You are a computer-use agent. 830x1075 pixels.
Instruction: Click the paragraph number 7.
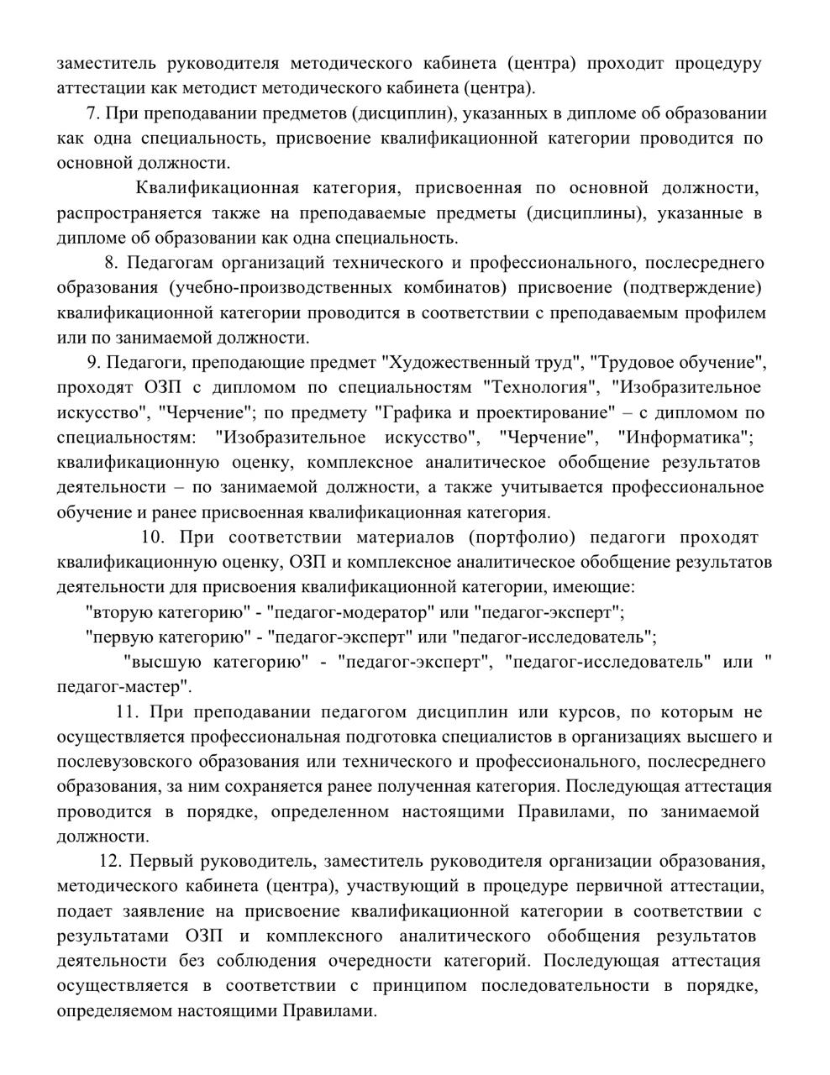(x=92, y=113)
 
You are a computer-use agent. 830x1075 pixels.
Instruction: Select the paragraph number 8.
(x=111, y=263)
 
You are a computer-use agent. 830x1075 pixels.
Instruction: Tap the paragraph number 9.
(x=92, y=363)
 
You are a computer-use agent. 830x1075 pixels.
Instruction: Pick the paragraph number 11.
(x=127, y=712)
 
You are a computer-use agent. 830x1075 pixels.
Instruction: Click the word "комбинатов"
(x=452, y=288)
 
